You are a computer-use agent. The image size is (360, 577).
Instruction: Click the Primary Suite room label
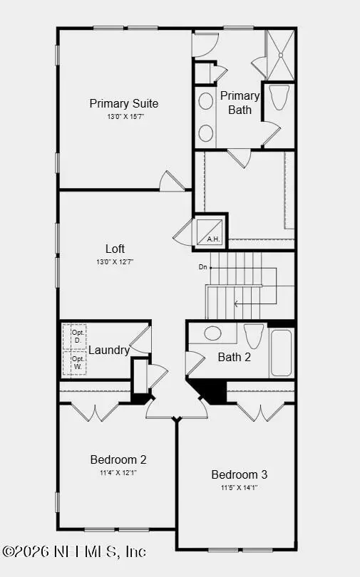tap(123, 104)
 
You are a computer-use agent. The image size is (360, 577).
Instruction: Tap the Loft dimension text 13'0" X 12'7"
tap(115, 262)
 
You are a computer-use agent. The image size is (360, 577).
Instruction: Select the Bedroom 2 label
tap(118, 459)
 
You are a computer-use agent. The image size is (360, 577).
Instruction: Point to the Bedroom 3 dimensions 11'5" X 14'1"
tap(240, 487)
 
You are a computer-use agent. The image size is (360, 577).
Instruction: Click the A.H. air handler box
tap(210, 232)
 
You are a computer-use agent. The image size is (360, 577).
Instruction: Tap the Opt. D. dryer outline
tap(74, 337)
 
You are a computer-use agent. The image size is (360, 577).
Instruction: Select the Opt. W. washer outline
tap(74, 363)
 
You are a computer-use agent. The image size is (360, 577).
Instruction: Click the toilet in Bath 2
tap(254, 336)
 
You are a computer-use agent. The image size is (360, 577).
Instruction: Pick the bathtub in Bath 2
tap(282, 353)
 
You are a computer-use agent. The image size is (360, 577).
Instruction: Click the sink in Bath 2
tap(212, 333)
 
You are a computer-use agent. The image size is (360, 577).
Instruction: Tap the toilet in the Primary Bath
tap(279, 97)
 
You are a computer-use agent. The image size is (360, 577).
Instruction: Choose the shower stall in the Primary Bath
tap(280, 55)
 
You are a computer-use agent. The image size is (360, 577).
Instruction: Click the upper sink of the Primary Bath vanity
tap(206, 101)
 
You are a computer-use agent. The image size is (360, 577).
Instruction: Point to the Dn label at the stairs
tap(203, 267)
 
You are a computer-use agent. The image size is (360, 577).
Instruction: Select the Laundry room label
tap(109, 350)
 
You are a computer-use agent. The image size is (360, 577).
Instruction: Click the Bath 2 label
tap(235, 357)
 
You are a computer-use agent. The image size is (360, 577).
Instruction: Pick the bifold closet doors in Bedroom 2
tap(95, 412)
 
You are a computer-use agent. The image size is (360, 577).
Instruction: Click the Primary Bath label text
tap(240, 103)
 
